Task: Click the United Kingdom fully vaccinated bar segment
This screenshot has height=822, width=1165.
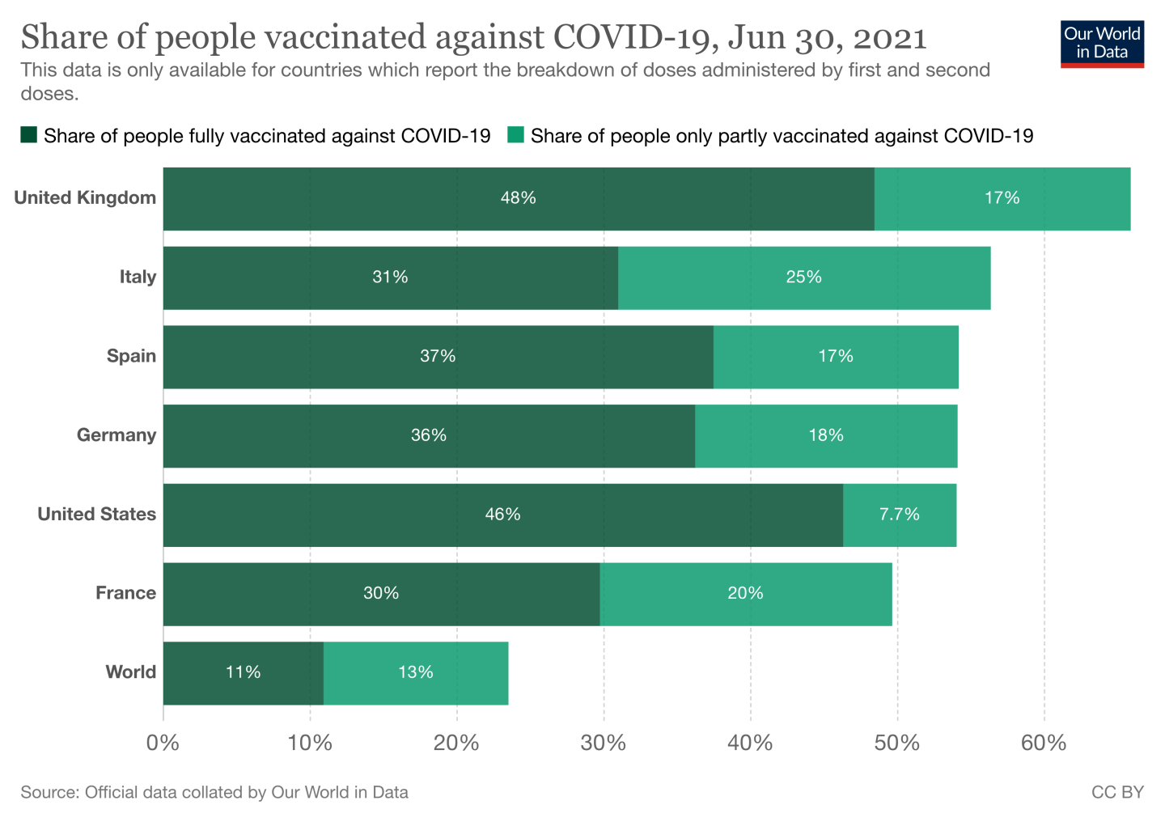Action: click(x=518, y=199)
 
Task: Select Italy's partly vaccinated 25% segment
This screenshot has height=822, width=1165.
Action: click(x=803, y=278)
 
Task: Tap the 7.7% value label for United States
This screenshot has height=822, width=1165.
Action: click(x=899, y=515)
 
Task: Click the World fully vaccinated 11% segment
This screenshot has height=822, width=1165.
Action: click(x=243, y=672)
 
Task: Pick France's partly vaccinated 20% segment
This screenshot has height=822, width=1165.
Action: click(x=745, y=594)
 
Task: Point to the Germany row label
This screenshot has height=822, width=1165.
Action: click(x=116, y=435)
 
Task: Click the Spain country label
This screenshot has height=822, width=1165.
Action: click(x=131, y=356)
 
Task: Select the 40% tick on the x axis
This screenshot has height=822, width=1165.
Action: click(x=750, y=743)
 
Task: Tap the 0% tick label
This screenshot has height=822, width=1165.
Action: click(x=163, y=743)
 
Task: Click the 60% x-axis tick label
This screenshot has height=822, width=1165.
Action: click(x=1044, y=743)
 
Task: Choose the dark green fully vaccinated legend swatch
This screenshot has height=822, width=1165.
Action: click(x=29, y=135)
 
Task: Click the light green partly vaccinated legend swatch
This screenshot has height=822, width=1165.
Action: click(x=515, y=135)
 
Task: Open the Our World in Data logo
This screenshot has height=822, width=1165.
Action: click(x=1102, y=44)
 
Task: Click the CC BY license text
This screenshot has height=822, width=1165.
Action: click(x=1117, y=793)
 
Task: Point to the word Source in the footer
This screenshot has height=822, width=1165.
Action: click(x=49, y=793)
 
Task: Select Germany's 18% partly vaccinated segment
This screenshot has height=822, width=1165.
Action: click(x=825, y=435)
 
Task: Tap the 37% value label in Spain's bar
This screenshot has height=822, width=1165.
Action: click(x=438, y=356)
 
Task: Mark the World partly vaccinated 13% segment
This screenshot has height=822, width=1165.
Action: click(x=416, y=672)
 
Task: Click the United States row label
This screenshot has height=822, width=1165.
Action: click(x=96, y=515)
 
